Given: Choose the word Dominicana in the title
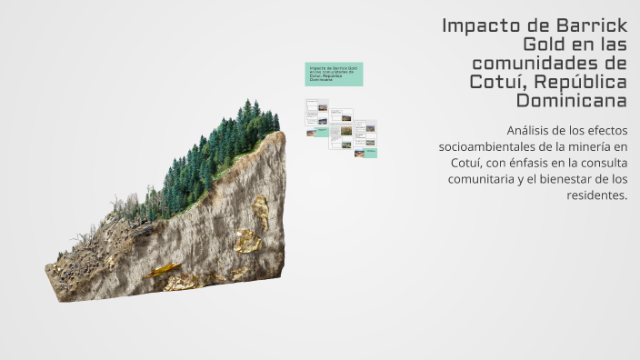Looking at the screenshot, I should coord(572,98).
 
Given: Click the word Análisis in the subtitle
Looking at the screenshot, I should coord(531,130).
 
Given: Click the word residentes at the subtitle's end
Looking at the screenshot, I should coord(596,195).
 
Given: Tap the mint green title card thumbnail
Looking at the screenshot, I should coord(334,74).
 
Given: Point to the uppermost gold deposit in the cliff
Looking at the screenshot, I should coord(262,211).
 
